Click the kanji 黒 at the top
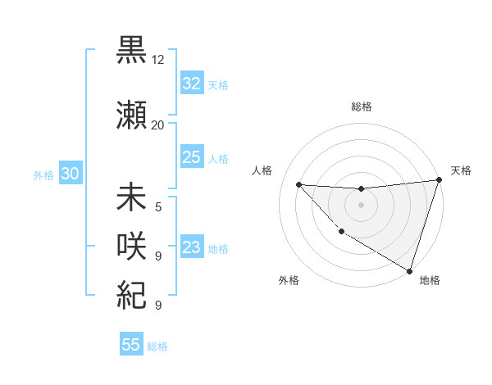click(x=131, y=51)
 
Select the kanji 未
click(x=131, y=198)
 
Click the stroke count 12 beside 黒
click(x=158, y=60)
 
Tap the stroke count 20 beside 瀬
click(x=158, y=125)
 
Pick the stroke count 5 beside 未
click(x=158, y=206)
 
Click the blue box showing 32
click(x=192, y=84)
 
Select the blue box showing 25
click(x=192, y=157)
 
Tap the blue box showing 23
click(x=192, y=247)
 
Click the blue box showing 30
click(x=70, y=174)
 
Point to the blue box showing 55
click(x=131, y=345)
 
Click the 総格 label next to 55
click(x=158, y=346)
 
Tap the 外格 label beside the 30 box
click(x=43, y=175)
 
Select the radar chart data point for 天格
click(x=440, y=181)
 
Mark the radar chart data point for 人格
click(x=298, y=184)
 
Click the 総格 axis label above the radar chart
click(x=362, y=106)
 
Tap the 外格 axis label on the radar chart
click(x=289, y=280)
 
